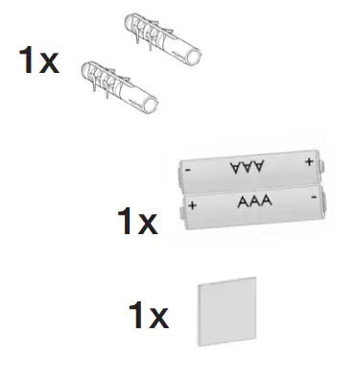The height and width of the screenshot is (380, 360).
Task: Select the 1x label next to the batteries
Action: pyautogui.click(x=136, y=224)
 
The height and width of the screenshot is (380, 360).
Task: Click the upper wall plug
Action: pyautogui.click(x=164, y=40)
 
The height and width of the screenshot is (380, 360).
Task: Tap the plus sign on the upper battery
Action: pyautogui.click(x=308, y=161)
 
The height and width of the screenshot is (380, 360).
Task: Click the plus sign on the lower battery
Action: pyautogui.click(x=194, y=205)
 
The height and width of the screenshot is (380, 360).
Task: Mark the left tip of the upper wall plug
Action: pyautogui.click(x=128, y=21)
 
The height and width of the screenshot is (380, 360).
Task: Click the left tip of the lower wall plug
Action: pyautogui.click(x=84, y=68)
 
